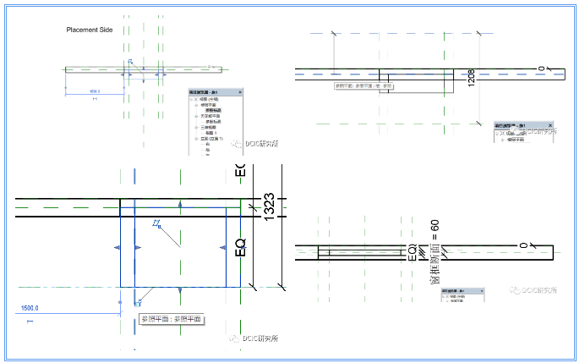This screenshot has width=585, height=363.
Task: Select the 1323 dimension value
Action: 269,206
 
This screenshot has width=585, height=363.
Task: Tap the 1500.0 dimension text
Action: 30,308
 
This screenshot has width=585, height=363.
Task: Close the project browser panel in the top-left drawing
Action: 240,91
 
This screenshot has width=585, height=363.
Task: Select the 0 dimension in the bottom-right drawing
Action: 523,245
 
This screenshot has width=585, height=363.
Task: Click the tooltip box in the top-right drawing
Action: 364,85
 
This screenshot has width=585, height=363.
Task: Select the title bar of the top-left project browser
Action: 211,91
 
